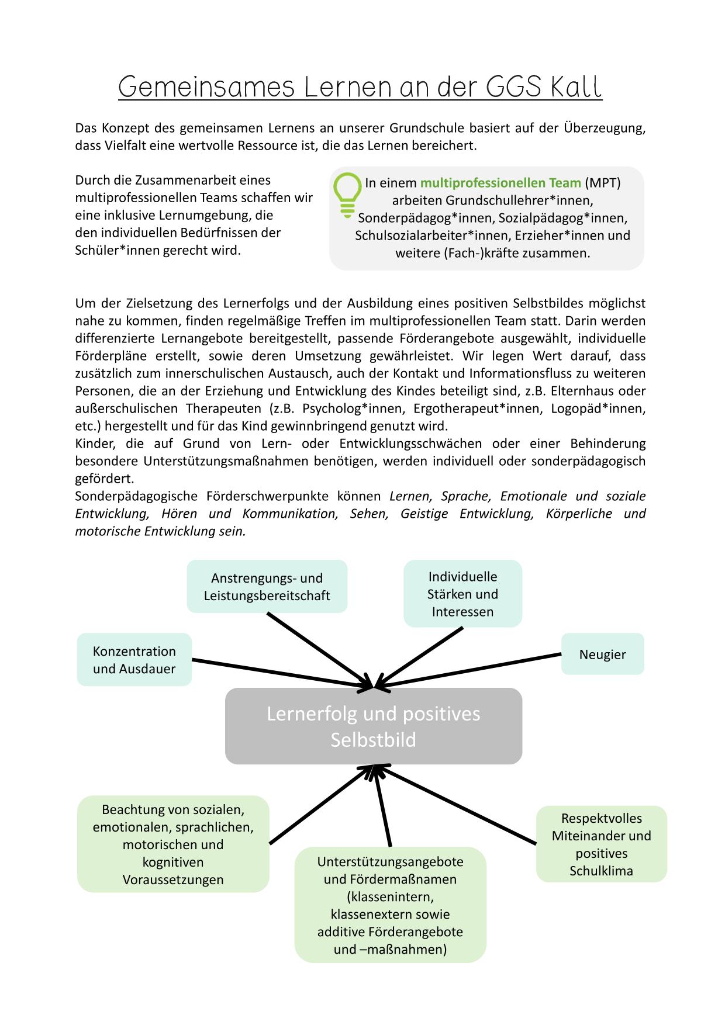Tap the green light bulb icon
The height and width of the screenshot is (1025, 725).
pyautogui.click(x=347, y=195)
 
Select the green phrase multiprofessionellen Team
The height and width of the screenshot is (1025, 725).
pyautogui.click(x=500, y=183)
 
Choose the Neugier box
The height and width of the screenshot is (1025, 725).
pyautogui.click(x=602, y=654)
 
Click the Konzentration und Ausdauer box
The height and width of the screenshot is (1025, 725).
pyautogui.click(x=134, y=660)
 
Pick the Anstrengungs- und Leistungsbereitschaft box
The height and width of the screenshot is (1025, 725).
pyautogui.click(x=267, y=587)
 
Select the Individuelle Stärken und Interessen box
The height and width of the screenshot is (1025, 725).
pyautogui.click(x=462, y=594)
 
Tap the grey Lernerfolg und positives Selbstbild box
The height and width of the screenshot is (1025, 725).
pyautogui.click(x=373, y=726)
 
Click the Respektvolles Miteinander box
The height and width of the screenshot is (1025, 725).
pyautogui.click(x=601, y=844)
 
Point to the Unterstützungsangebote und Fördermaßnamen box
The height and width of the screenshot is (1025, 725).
pyautogui.click(x=390, y=905)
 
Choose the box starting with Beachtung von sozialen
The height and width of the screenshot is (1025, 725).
pyautogui.click(x=173, y=844)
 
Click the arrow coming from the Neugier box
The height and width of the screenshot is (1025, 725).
pyautogui.click(x=468, y=670)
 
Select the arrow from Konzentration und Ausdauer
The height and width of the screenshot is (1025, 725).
pyautogui.click(x=281, y=674)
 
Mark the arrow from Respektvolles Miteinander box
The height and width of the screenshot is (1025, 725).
pyautogui.click(x=456, y=805)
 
